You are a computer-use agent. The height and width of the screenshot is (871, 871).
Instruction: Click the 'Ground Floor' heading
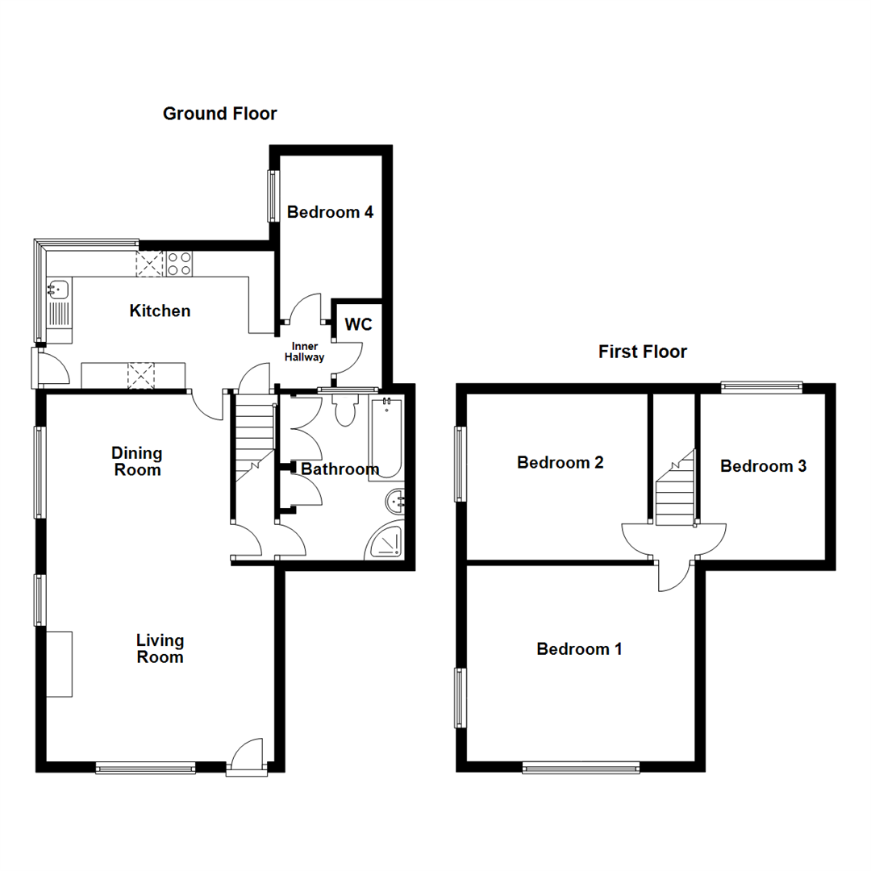coord(219,114)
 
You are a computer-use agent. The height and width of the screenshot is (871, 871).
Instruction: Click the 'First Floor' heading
coord(642,352)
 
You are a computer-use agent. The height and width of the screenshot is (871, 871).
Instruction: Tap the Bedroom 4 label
coord(330,213)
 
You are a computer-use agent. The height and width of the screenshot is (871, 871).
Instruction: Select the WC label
coord(358,325)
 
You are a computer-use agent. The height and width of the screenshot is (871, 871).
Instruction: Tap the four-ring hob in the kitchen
coord(179,264)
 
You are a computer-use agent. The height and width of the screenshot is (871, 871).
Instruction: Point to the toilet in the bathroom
coord(346,411)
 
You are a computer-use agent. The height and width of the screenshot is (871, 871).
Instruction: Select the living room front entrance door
coord(247,758)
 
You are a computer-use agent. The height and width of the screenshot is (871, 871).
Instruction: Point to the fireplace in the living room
coord(59,664)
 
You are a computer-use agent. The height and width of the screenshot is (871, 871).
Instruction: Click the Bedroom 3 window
coord(761,387)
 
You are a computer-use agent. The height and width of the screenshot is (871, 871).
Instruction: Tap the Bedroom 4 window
coord(273,195)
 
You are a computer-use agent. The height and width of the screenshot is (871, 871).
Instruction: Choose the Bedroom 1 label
coord(579,649)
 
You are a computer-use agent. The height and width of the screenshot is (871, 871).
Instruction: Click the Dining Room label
coord(137,462)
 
